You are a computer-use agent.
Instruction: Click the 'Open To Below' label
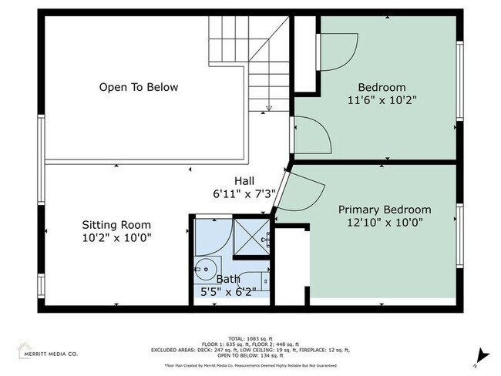click(x=139, y=87)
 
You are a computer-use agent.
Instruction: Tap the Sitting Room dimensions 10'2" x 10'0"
click(x=116, y=238)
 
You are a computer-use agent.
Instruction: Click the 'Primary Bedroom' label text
click(x=385, y=210)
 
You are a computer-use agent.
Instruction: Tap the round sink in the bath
click(x=204, y=270)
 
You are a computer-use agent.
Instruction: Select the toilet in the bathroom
click(x=260, y=282)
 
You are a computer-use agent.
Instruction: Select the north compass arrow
click(x=483, y=355)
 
